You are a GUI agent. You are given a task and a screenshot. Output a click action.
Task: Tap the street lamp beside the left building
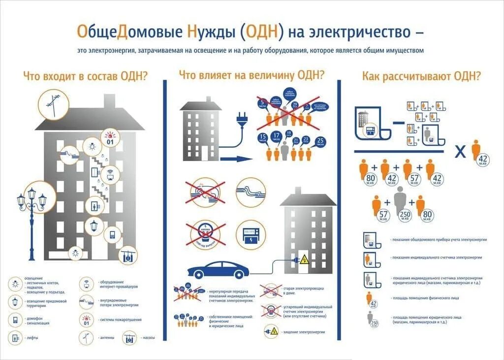pos(31,217)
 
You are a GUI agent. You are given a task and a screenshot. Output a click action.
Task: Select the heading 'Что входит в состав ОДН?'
pos(86,76)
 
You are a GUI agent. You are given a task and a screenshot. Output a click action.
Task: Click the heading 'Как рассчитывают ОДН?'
pos(421,76)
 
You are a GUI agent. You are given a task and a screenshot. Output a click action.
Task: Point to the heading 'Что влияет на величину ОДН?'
pos(251,75)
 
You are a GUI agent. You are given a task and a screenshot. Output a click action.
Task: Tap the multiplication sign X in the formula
pos(460,152)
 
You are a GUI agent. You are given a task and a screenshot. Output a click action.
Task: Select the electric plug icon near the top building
pos(242,120)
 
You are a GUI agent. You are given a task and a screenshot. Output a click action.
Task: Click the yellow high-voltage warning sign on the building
pos(305,259)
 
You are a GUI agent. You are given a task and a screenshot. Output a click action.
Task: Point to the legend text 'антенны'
pos(107,338)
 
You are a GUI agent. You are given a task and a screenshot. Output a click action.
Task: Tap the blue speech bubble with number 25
pos(320,141)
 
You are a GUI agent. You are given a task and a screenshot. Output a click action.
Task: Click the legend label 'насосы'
pos(149,338)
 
